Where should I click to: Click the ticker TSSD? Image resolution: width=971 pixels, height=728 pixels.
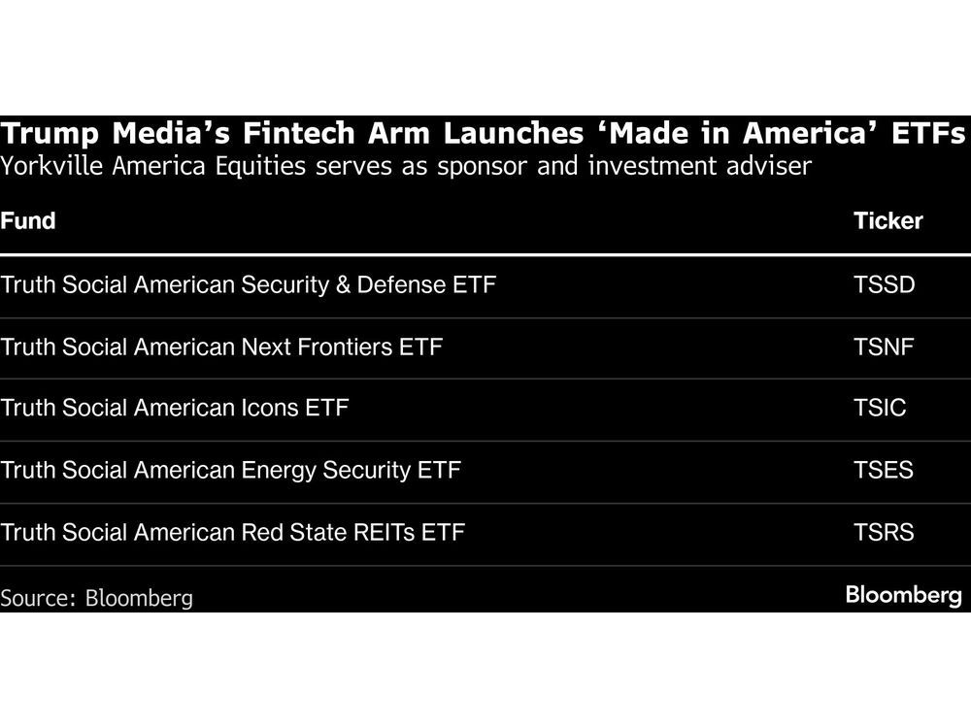click(x=884, y=285)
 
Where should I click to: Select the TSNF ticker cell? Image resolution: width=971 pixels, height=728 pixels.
click(x=884, y=347)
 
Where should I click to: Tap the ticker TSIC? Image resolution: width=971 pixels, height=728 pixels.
click(x=880, y=408)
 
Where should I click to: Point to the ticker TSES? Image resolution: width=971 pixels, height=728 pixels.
click(x=884, y=470)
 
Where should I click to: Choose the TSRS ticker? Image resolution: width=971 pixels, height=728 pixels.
click(x=884, y=532)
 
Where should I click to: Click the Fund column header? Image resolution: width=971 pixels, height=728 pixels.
click(x=28, y=220)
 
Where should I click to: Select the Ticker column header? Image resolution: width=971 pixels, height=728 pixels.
click(x=887, y=220)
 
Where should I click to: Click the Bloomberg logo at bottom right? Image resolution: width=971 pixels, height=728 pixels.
click(x=903, y=595)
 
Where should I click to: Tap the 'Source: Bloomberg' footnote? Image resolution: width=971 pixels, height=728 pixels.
click(x=96, y=598)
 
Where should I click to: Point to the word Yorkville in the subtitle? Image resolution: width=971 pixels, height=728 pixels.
click(x=49, y=166)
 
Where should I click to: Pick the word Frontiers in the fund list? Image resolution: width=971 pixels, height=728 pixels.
click(x=344, y=347)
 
